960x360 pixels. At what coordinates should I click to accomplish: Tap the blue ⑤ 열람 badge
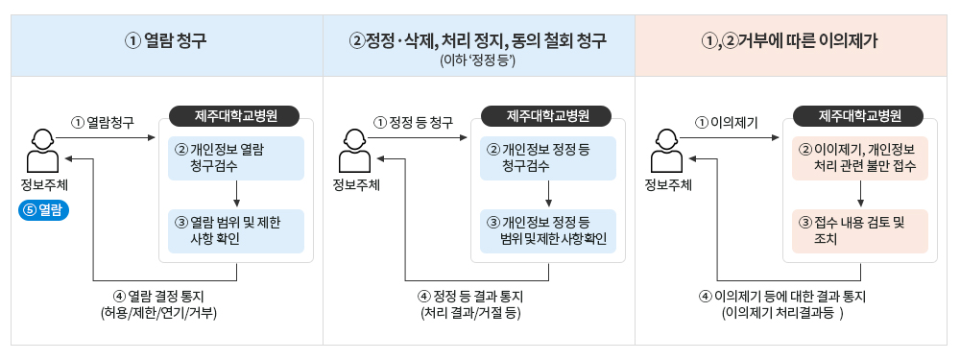click(x=45, y=211)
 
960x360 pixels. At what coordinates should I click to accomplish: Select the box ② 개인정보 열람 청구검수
click(x=235, y=157)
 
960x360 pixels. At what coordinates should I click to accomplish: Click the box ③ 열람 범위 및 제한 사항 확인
click(x=235, y=230)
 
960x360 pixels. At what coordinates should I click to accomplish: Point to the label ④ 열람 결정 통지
click(x=159, y=296)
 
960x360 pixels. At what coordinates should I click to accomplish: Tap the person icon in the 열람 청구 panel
click(x=41, y=149)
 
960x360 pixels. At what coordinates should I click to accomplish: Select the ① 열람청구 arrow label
click(x=102, y=122)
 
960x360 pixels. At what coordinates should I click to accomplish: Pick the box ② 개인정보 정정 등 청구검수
click(x=547, y=157)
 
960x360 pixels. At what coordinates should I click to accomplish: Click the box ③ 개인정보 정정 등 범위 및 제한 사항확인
click(x=547, y=230)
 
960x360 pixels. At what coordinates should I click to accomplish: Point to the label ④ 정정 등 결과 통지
click(x=470, y=296)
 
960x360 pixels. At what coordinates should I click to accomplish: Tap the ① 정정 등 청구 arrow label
click(x=414, y=122)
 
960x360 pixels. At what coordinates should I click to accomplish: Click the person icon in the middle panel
click(x=354, y=149)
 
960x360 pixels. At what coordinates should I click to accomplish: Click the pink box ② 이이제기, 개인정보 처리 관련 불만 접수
click(x=859, y=157)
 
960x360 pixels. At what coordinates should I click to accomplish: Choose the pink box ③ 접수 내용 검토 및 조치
click(x=859, y=230)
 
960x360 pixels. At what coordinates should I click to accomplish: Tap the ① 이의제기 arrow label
click(x=727, y=122)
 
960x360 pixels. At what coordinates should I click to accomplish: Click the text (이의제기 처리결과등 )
click(x=781, y=313)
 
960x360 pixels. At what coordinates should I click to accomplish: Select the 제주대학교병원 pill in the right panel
click(x=859, y=116)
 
